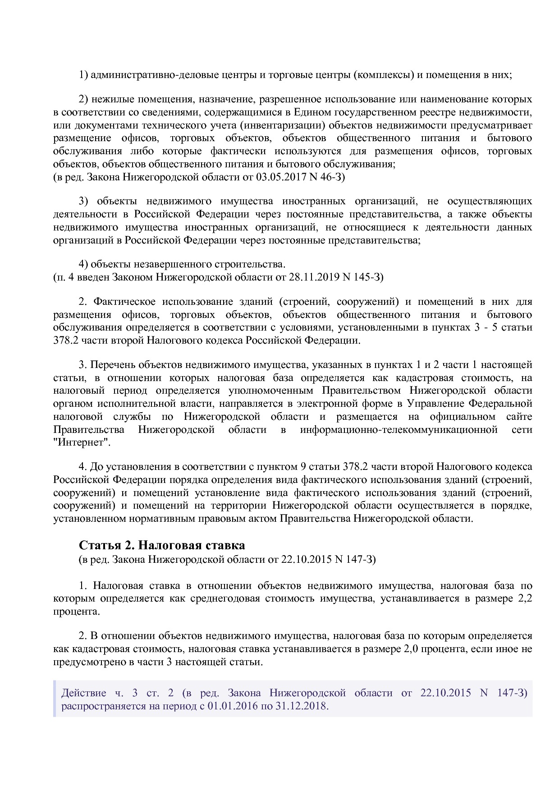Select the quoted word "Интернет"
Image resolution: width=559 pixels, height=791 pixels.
click(82, 442)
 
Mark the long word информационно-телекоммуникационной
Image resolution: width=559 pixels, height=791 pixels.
click(399, 429)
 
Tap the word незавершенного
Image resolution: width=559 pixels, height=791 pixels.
click(167, 264)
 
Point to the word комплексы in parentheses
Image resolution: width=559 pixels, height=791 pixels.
click(385, 75)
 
